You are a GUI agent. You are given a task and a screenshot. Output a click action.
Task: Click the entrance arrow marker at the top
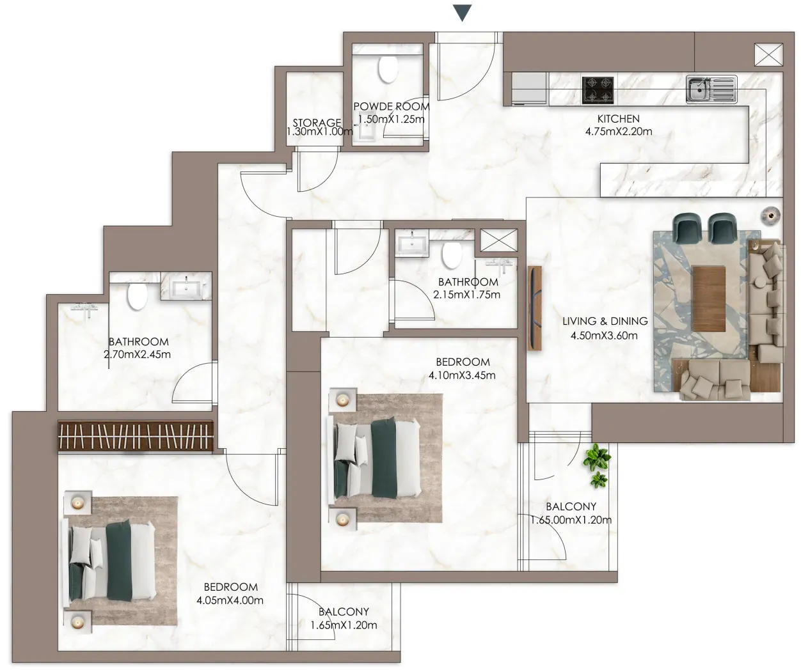click(462, 13)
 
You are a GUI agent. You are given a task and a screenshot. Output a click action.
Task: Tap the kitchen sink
click(711, 90)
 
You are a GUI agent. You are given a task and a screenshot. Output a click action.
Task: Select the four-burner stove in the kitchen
click(598, 90)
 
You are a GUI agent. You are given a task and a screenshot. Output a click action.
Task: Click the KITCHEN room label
click(619, 119)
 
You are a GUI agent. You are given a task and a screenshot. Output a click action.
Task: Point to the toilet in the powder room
click(388, 69)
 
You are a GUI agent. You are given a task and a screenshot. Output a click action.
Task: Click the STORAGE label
click(317, 123)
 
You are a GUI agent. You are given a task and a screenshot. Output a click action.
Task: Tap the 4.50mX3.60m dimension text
click(604, 336)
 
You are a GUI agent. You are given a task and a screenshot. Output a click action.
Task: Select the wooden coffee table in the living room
click(708, 299)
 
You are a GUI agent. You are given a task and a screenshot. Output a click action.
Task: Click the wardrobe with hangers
click(135, 437)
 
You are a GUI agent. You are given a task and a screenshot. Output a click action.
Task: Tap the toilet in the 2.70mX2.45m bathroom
click(138, 296)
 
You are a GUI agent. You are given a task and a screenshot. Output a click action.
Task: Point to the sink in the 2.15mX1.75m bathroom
click(411, 243)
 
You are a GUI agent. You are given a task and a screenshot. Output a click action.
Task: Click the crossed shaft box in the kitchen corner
click(768, 54)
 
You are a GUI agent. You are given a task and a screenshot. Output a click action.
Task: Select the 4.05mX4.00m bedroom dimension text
click(230, 600)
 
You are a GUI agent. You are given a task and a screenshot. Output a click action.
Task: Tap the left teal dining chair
click(688, 228)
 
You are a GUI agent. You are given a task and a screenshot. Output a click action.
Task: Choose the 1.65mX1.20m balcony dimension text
click(344, 625)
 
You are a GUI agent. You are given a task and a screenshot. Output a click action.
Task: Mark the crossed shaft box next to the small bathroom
click(498, 240)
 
